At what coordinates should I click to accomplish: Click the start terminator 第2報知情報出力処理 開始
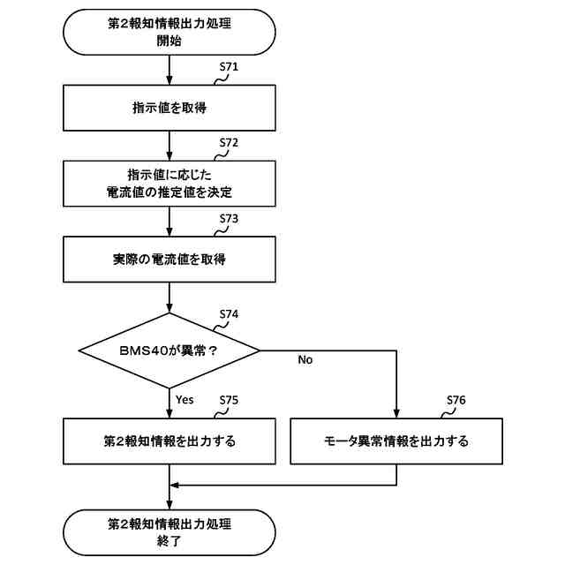(169, 33)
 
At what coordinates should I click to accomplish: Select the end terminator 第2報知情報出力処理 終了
(169, 531)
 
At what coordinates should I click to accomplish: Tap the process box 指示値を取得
(169, 109)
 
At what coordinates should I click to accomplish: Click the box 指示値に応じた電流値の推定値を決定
(169, 183)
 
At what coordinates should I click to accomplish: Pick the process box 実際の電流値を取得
(169, 260)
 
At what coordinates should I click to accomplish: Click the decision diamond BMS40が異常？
(169, 350)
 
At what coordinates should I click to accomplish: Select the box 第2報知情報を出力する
(169, 440)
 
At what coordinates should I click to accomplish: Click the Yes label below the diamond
(185, 399)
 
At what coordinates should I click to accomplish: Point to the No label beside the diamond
(305, 359)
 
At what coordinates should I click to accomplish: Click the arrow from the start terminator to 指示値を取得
(169, 72)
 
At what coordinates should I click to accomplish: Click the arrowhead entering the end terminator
(169, 505)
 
